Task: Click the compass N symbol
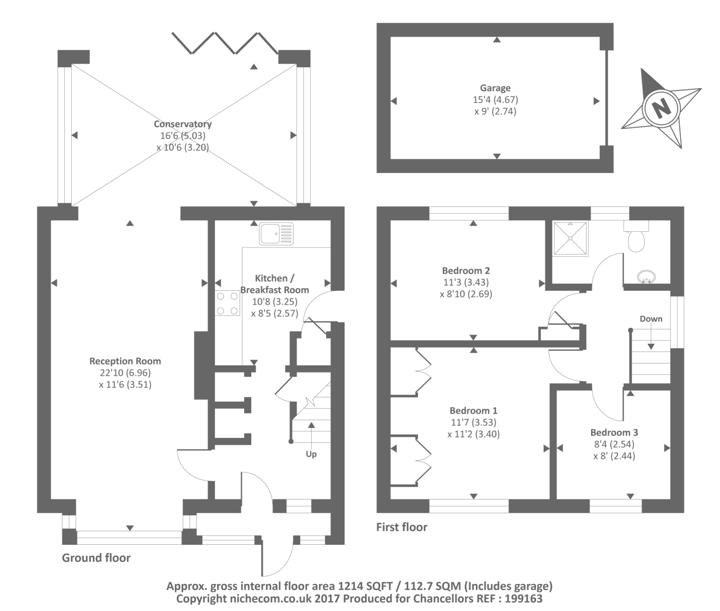tap(660, 108)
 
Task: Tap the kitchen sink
tap(276, 234)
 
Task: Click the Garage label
tap(495, 88)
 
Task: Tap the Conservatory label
tap(182, 124)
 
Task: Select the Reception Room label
tap(125, 361)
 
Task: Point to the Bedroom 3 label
tap(614, 432)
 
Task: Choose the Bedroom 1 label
tap(473, 410)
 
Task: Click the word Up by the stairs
tap(311, 454)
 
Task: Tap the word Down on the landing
tap(651, 319)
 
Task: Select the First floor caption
tap(402, 527)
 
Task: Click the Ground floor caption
tap(96, 558)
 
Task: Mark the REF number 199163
tap(522, 599)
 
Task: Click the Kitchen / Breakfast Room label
tap(274, 284)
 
